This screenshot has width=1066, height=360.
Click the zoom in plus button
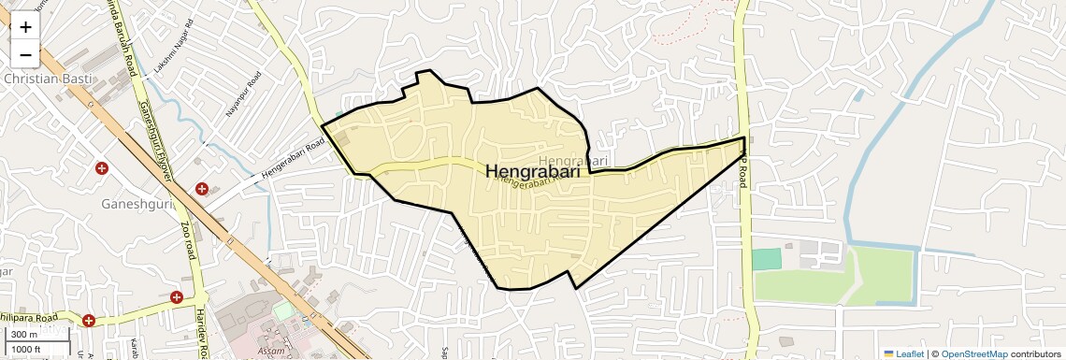pos(25,26)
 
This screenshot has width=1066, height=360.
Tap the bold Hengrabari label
pos(532,172)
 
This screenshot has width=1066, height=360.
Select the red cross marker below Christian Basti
pos(102,168)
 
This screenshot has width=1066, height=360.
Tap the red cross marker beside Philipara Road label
pos(89,320)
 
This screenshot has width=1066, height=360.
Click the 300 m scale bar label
pos(25,335)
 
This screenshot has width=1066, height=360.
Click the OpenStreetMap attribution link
pos(973,353)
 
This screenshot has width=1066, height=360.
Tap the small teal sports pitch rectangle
pos(766,259)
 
